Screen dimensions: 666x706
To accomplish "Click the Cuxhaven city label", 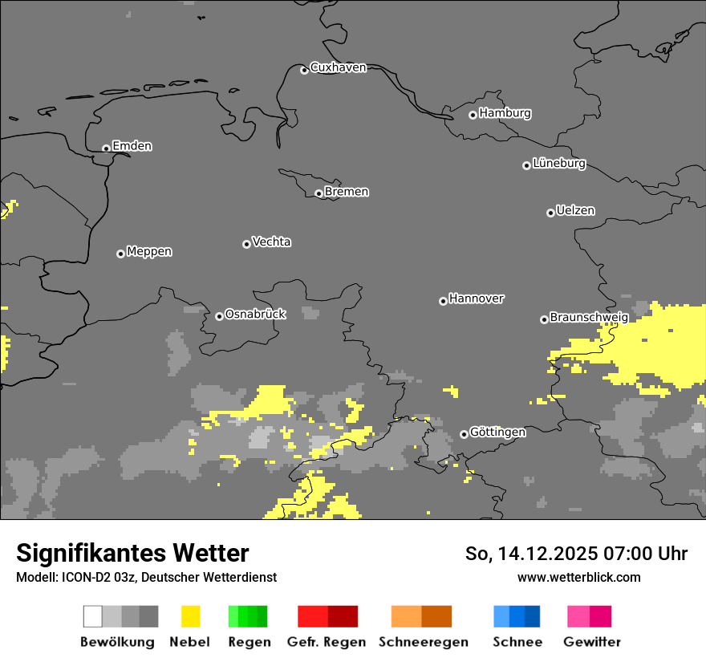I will tap(338, 67).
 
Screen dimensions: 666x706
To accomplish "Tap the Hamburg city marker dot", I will tap(473, 115).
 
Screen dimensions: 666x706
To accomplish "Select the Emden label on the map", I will tap(132, 146).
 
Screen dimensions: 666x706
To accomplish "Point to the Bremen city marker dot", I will tap(319, 193).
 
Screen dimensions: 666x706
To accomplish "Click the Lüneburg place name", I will tap(559, 164).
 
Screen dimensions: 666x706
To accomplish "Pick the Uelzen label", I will tap(575, 210).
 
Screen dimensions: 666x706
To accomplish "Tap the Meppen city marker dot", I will tap(120, 254).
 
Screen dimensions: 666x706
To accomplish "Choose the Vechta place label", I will tap(271, 242).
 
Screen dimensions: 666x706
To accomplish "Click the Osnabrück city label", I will tap(255, 314).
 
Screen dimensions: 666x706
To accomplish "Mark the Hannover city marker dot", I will tap(443, 301).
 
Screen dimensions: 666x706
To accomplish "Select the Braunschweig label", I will tap(589, 317).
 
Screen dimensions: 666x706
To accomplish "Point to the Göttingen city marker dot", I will tap(464, 434).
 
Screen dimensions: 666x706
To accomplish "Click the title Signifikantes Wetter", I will tap(132, 553).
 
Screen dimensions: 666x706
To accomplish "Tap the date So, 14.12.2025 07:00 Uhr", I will tap(576, 554).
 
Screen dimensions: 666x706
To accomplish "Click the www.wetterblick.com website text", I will tap(578, 577).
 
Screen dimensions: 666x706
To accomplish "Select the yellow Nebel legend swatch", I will tap(190, 616).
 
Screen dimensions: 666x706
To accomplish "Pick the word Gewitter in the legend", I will tap(591, 642).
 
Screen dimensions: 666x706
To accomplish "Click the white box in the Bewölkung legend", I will tap(93, 616).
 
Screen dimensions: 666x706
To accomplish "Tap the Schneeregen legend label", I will tap(424, 642).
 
